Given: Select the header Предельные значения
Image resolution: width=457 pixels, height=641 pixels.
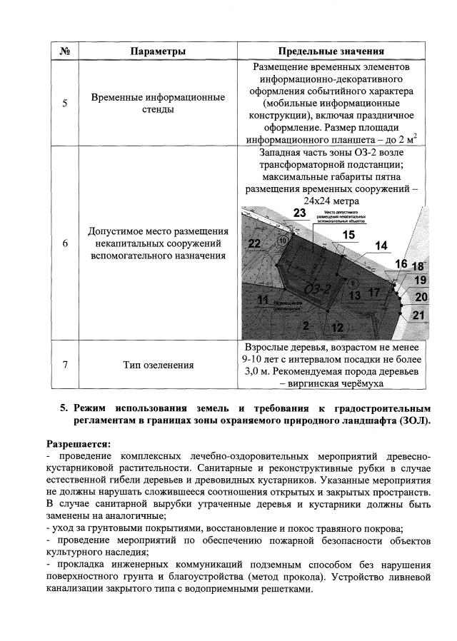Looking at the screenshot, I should (x=331, y=51).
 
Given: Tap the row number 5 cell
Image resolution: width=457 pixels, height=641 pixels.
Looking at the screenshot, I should (x=65, y=103).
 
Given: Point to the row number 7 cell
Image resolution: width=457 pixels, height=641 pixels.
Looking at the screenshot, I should (x=65, y=365).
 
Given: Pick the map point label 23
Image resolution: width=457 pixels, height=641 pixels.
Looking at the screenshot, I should (x=300, y=213).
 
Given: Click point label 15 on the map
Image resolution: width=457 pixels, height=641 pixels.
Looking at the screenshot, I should (x=348, y=234).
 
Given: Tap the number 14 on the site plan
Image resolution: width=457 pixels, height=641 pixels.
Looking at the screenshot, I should (x=381, y=246).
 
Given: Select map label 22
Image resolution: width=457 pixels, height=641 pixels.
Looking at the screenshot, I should (x=253, y=243).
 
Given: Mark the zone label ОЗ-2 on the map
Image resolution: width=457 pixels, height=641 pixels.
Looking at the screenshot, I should (x=316, y=289).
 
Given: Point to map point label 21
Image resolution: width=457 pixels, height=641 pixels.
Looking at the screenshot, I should (x=420, y=315).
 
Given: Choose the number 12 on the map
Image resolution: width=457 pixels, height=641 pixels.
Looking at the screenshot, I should (x=337, y=328).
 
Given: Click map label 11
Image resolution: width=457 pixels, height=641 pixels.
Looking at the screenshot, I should (x=263, y=298).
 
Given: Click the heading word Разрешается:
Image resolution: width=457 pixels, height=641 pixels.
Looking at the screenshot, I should (x=79, y=443).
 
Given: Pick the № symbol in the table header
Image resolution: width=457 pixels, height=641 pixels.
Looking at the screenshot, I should (x=65, y=51).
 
